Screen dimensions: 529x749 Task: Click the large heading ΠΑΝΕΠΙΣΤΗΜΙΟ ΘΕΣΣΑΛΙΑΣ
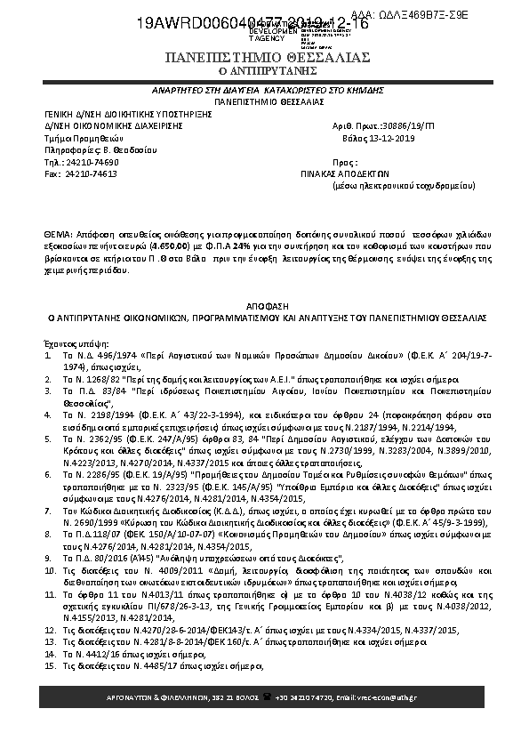coord(268,58)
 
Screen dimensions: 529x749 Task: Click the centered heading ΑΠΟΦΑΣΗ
coord(268,302)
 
